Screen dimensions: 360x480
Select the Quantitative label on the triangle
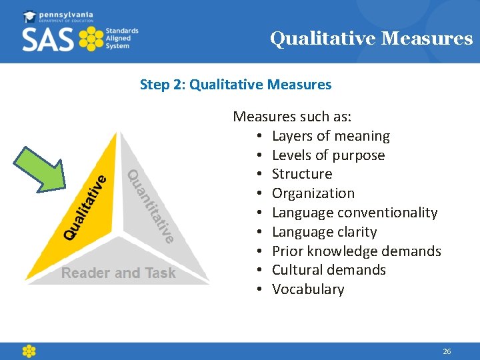(151, 205)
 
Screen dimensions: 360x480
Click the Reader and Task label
(119, 273)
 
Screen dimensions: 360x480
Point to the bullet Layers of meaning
(331, 136)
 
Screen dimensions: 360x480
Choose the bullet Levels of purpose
(328, 155)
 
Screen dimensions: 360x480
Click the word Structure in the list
(302, 174)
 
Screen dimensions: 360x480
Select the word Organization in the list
(313, 193)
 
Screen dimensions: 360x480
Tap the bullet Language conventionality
(355, 213)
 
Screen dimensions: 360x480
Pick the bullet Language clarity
(324, 232)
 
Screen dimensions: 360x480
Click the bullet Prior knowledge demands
(357, 251)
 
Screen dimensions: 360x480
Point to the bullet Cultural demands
(329, 270)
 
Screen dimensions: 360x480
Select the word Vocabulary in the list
(308, 289)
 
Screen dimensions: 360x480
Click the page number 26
(447, 351)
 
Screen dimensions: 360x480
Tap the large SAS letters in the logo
(48, 39)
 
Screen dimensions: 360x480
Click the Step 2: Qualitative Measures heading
(235, 85)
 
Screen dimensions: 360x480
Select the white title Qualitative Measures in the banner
(371, 39)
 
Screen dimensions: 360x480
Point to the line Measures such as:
(292, 117)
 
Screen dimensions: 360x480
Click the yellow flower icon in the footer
(29, 351)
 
